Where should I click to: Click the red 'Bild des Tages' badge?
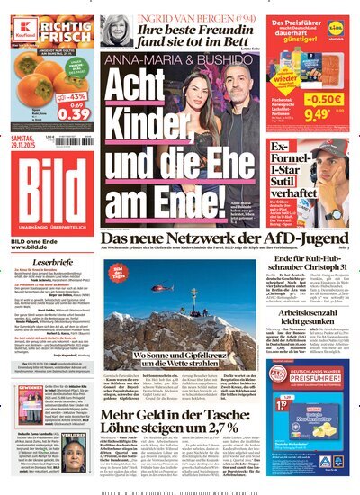(119, 272)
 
